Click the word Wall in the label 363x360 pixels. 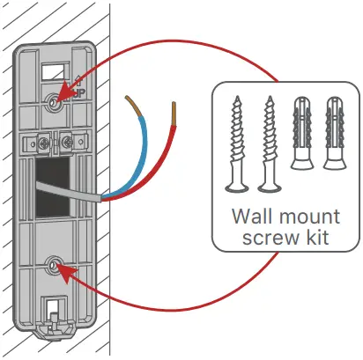[254, 216]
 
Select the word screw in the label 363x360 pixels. [263, 239]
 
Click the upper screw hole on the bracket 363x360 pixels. [55, 102]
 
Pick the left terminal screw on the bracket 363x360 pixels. [42, 141]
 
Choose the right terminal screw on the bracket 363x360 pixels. [67, 140]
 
